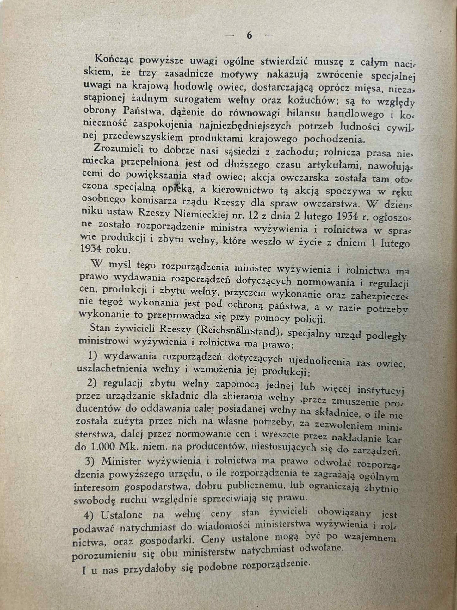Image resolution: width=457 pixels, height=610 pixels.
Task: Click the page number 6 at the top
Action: pos(249,36)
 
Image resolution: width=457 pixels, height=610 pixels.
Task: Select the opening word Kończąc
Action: pos(114,59)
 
